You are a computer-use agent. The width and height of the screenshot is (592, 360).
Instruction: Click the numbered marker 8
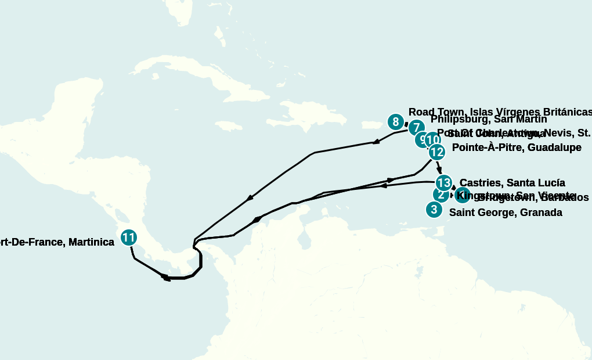pos(395,122)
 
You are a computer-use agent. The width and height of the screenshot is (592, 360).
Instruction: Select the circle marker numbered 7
pos(416,128)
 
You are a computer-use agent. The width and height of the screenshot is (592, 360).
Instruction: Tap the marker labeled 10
pos(432,140)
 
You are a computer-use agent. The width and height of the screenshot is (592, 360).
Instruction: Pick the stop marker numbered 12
pos(436,152)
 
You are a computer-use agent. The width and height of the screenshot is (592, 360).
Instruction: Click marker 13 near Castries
pos(443,183)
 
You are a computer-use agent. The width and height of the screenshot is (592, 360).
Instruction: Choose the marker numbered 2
pos(441,195)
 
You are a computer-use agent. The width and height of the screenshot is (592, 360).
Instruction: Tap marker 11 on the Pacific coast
pos(129,237)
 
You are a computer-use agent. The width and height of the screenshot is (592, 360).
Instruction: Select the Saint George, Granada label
pos(506,213)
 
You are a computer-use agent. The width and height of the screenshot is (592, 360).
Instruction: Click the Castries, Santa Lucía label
pos(512,183)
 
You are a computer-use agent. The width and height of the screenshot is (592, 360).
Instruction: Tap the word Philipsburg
pos(459,120)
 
